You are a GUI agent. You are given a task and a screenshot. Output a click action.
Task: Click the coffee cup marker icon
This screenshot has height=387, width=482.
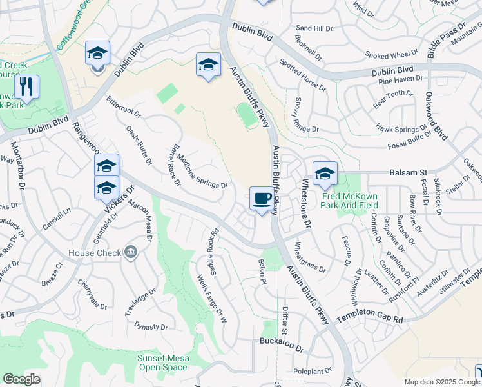pos(261,198)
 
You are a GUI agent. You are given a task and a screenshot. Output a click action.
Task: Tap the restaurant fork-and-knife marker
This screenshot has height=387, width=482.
pos(26,86)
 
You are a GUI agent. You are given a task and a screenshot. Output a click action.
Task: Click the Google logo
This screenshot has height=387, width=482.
pos(22,379)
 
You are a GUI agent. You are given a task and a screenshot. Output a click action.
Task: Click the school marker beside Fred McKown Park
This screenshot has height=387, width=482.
pos(325,173)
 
